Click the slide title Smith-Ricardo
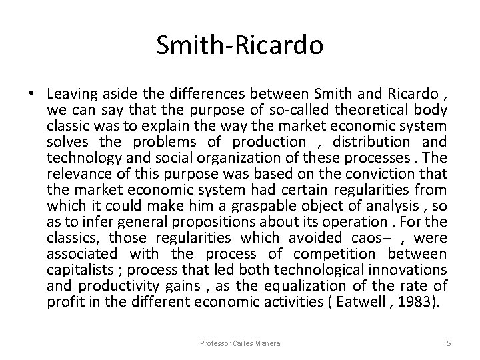point(239,45)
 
